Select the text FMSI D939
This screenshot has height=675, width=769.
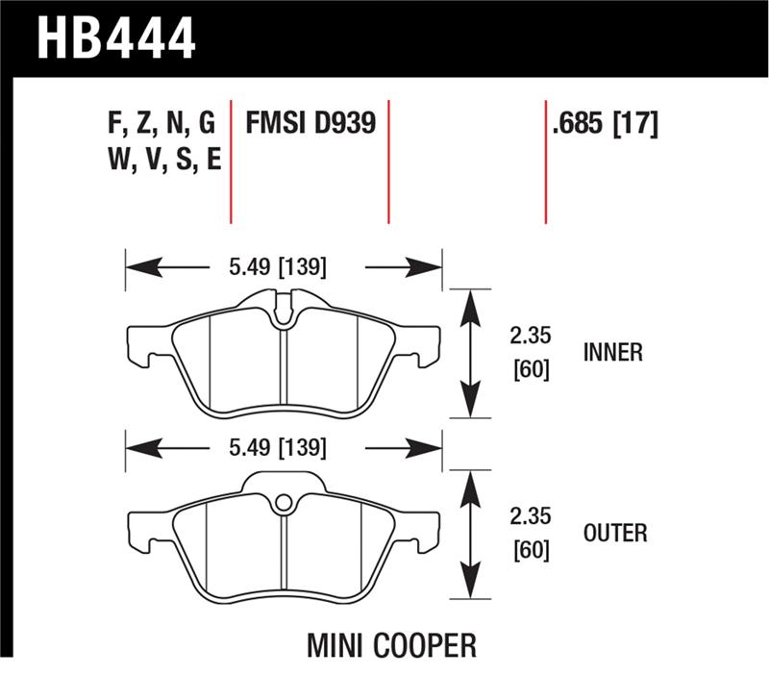point(310,124)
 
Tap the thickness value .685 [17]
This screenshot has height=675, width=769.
point(606,124)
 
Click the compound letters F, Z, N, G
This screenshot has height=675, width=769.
point(161,124)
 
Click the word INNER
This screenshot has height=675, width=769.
point(612,353)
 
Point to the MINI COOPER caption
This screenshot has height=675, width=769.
point(391,644)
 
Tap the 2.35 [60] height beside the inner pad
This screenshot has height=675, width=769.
point(531,353)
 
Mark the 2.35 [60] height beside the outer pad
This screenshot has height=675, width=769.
point(531,532)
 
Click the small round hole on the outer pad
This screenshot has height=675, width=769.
point(283,502)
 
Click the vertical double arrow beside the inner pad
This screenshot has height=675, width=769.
point(469,353)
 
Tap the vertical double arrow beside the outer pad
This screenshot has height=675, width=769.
point(469,535)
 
